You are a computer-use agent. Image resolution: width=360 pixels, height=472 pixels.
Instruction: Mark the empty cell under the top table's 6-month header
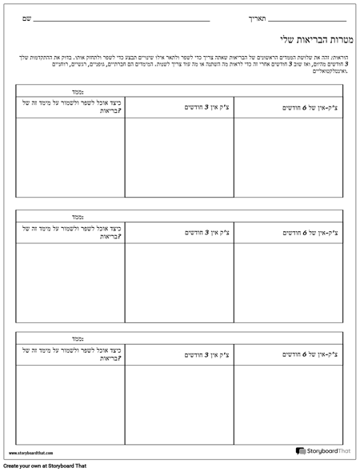(x=290, y=156)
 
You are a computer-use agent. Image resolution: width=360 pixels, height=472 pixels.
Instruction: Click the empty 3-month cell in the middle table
(x=180, y=280)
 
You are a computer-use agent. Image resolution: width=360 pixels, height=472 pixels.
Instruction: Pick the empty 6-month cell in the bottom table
(x=290, y=404)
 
